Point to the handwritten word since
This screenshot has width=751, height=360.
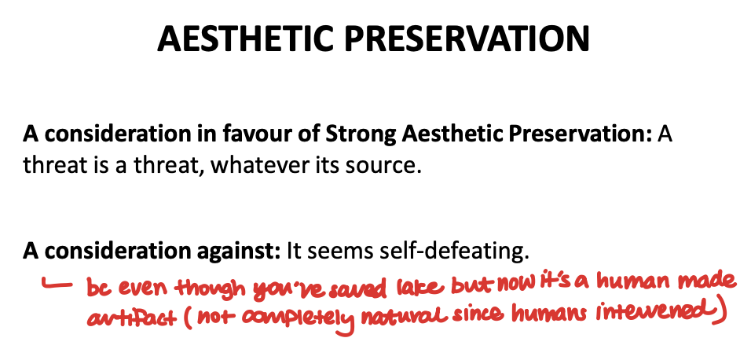point(465,318)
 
